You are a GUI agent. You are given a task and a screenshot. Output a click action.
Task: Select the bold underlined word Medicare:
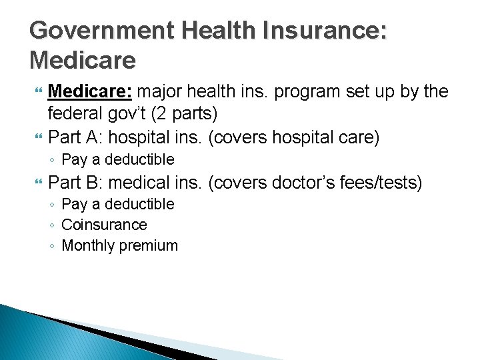pos(93,91)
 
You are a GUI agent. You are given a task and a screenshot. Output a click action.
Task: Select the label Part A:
pos(74,137)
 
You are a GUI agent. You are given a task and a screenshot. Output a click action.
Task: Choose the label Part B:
pos(74,182)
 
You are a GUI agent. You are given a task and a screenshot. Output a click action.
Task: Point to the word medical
pos(139,182)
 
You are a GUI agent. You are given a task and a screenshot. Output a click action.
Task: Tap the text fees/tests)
pos(386,182)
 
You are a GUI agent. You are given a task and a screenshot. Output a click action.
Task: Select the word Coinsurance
pos(104,225)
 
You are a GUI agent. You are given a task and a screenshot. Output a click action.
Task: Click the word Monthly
pos(88,245)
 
